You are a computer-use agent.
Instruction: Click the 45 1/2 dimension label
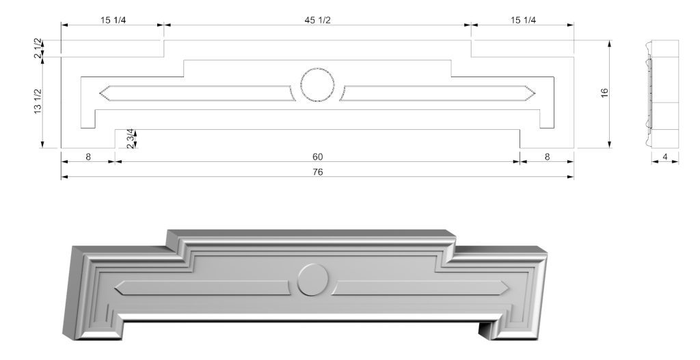[x=317, y=20]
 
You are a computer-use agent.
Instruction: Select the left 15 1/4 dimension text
[x=113, y=20]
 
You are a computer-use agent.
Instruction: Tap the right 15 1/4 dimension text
[x=523, y=20]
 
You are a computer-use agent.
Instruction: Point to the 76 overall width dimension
[x=317, y=171]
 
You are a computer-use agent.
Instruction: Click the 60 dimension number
[x=317, y=156]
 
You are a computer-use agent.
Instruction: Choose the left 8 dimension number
[x=88, y=156]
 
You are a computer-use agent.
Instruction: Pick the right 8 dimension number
[x=547, y=156]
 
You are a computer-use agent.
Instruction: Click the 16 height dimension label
[x=604, y=93]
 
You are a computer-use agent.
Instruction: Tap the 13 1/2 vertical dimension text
[x=38, y=101]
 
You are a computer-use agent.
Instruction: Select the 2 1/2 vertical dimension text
[x=38, y=49]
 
